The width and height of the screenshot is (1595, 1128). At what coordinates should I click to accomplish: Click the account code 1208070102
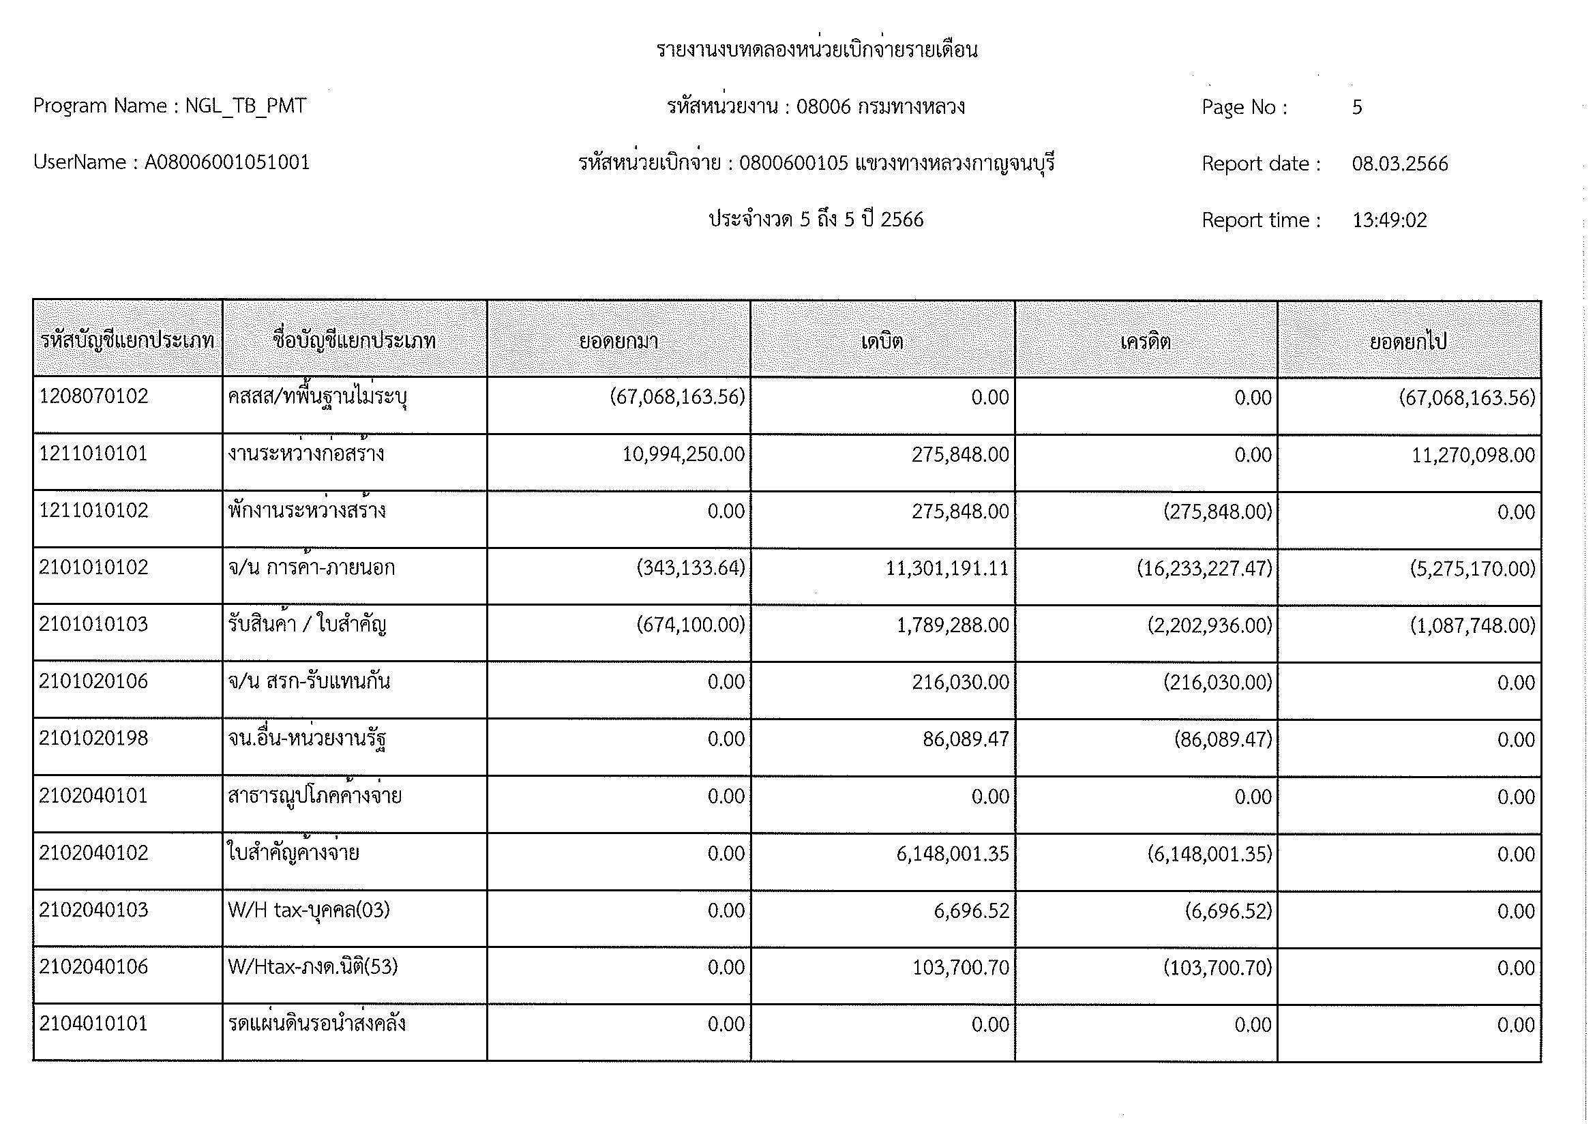[94, 397]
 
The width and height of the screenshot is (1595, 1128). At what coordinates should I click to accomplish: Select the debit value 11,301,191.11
[947, 569]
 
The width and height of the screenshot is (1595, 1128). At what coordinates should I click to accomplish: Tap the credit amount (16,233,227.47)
[1204, 569]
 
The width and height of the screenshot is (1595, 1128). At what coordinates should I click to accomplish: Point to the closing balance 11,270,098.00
[1473, 455]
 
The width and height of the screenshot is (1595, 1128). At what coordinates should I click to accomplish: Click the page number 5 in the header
[1357, 107]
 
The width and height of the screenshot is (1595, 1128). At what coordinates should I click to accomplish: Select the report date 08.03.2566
[1399, 164]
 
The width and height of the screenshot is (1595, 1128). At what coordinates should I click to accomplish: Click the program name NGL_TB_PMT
[245, 106]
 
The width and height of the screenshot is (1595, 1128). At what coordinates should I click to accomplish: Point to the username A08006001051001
[227, 162]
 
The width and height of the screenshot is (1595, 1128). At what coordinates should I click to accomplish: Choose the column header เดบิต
[882, 341]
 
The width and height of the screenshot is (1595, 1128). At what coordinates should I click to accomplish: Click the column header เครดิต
[1146, 341]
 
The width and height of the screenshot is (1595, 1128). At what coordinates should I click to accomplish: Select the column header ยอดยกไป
[1408, 341]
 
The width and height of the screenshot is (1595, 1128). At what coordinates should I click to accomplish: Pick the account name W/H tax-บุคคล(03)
[309, 910]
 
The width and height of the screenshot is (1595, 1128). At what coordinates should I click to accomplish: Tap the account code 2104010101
[94, 1024]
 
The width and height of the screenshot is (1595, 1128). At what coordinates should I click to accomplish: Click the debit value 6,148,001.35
[953, 854]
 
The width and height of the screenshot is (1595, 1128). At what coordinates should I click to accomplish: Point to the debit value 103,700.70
[960, 968]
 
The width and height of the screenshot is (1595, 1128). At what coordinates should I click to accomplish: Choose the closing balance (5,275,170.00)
[1472, 569]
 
